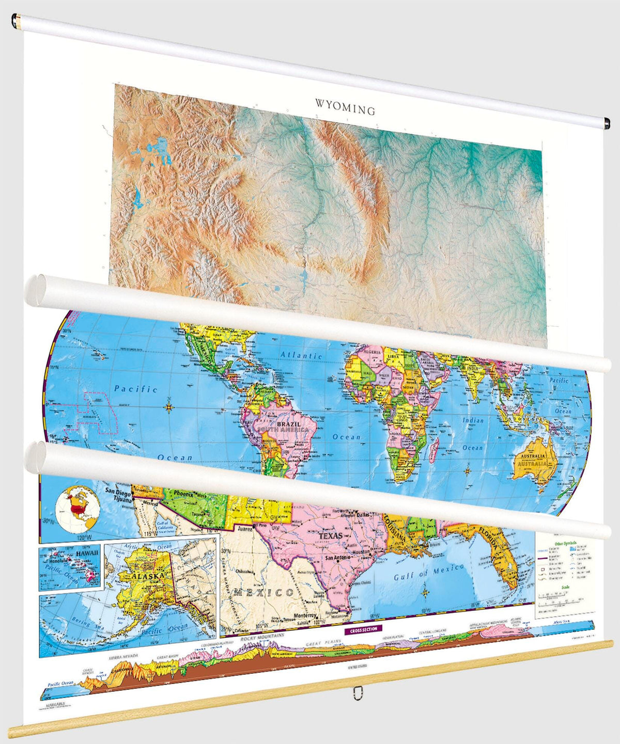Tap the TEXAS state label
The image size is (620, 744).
point(330,536)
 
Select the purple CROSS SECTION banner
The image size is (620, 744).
point(363,629)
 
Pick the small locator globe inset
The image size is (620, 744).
point(77,508)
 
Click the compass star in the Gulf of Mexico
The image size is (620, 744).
point(425,592)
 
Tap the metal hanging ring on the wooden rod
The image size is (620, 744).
point(357,692)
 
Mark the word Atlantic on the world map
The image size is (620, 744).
point(301,355)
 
